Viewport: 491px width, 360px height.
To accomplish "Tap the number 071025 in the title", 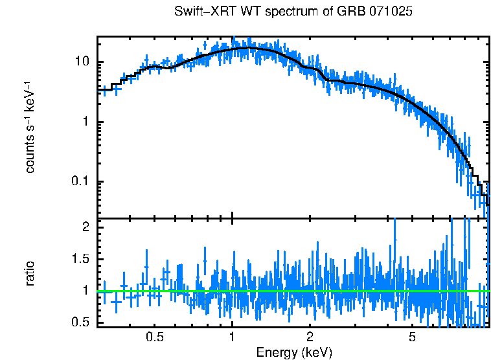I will pos(391,12).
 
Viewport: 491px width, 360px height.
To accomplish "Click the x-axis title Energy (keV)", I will pos(294,352).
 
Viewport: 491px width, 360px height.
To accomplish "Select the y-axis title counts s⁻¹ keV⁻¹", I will pos(29,128).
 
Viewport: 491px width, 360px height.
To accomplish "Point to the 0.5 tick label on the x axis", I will pos(154,337).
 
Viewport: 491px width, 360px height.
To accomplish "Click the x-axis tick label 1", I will pos(232,337).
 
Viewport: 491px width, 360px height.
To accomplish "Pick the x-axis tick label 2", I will pos(310,337).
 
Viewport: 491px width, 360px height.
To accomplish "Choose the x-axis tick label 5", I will pos(412,337).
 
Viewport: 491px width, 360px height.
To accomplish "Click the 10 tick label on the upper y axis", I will pos(82,62).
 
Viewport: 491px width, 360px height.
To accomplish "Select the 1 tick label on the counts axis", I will pos(85,122).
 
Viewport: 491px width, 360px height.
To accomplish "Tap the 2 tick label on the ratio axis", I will pos(85,227).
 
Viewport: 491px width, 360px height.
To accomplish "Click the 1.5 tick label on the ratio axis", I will pos(80,259).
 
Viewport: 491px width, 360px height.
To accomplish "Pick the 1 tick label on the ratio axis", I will pos(85,291).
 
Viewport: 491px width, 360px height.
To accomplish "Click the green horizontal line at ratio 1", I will pos(291,291).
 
